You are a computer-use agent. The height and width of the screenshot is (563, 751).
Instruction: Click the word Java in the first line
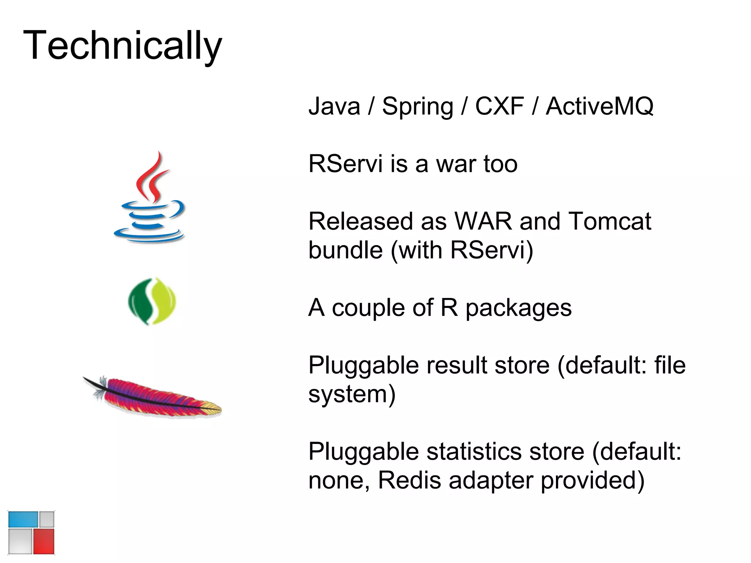coord(334,106)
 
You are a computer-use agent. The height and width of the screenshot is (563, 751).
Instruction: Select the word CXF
coord(499,106)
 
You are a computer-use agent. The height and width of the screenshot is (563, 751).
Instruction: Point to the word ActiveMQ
coord(600,106)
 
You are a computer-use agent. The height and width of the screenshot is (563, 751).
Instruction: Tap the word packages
coord(518,308)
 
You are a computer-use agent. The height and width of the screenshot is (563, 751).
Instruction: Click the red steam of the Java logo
coord(152,178)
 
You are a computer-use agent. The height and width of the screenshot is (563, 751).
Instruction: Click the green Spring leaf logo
coord(152,301)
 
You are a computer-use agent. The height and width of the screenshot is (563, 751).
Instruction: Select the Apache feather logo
coord(154,398)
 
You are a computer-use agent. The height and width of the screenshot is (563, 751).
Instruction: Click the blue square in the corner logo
coord(23,519)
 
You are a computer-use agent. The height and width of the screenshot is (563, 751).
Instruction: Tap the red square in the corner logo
coord(44,541)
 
